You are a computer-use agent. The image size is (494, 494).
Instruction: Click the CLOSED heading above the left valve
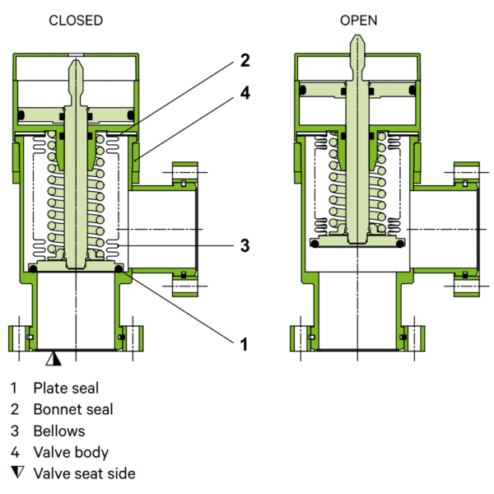[x=77, y=20]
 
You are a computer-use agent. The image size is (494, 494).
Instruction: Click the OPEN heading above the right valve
[x=358, y=20]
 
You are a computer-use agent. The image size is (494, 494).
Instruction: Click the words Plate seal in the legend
[x=67, y=387]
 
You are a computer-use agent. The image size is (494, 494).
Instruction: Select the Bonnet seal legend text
[x=73, y=409]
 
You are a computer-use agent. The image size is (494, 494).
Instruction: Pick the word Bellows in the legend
[x=58, y=431]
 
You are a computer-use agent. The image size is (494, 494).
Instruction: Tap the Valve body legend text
[x=71, y=452]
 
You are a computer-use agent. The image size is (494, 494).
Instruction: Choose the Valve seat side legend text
[x=84, y=473]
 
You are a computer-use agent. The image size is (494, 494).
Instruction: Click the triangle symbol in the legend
[x=16, y=473]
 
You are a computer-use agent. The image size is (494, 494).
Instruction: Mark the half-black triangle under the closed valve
[x=54, y=358]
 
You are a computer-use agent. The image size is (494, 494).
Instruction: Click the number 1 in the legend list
[x=15, y=387]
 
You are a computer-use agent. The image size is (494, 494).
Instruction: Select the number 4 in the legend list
[x=15, y=452]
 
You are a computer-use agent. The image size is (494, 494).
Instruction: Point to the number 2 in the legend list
[x=15, y=409]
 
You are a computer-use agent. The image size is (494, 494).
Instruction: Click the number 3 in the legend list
[x=15, y=431]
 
